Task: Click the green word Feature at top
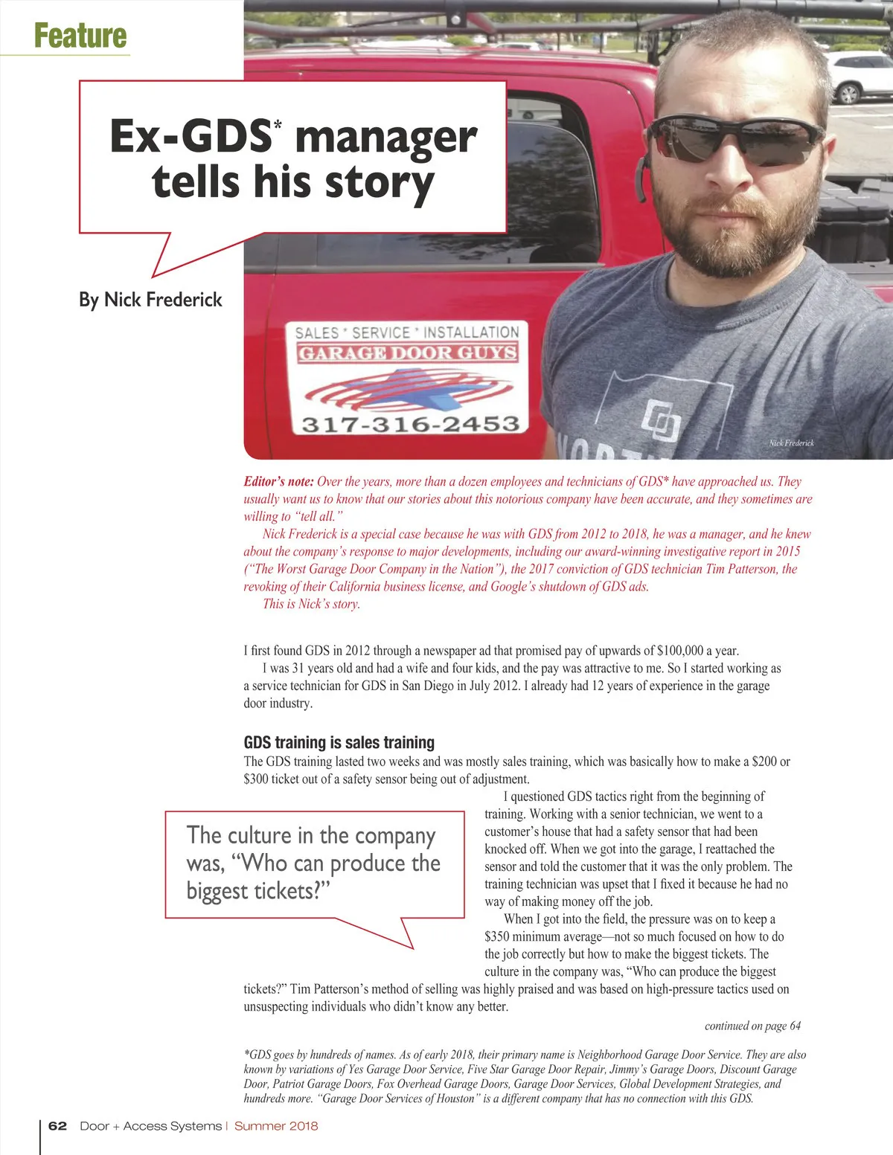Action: (x=80, y=36)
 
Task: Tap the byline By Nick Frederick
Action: (x=150, y=300)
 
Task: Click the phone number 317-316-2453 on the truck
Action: (x=410, y=424)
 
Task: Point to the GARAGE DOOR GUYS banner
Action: (x=408, y=353)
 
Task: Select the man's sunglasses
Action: (x=734, y=139)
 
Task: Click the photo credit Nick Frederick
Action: (x=791, y=443)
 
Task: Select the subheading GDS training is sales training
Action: (x=339, y=742)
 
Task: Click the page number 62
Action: (x=57, y=1126)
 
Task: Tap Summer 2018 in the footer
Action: (x=276, y=1126)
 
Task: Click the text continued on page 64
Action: (x=752, y=1026)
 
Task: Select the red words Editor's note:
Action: (x=278, y=482)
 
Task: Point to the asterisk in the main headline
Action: (x=278, y=126)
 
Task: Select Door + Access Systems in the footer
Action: (x=150, y=1126)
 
